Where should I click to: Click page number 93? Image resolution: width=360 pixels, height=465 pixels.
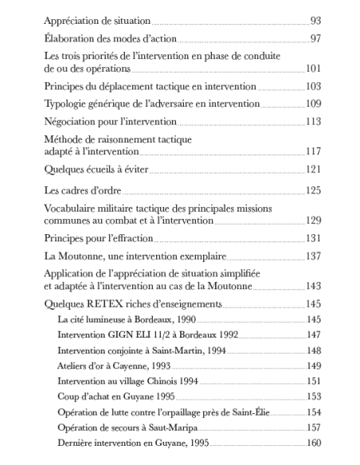(315, 18)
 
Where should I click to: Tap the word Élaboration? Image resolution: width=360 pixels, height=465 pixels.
(68, 37)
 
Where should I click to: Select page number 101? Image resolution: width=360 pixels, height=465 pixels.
(312, 69)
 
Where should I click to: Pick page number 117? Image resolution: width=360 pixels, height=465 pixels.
(312, 151)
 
